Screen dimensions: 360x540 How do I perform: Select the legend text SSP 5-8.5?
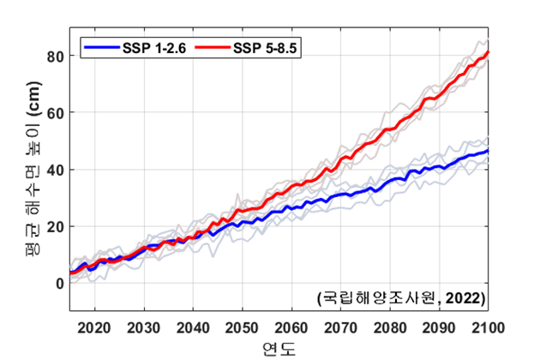[x=261, y=46]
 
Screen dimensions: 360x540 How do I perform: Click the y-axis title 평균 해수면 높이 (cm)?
[x=27, y=167]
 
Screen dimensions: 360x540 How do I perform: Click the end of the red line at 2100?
[x=489, y=52]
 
